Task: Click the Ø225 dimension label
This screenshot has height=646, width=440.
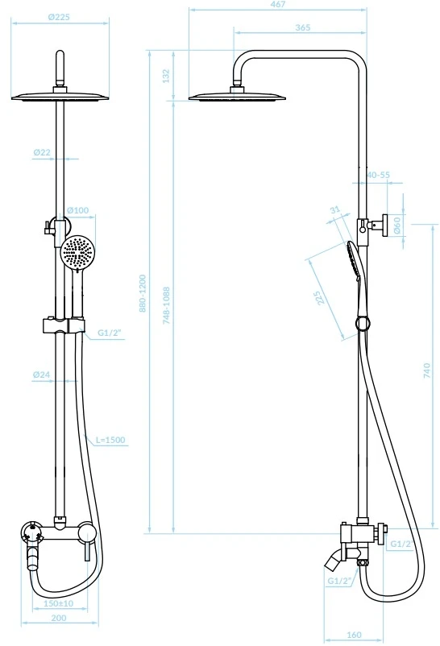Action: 59,17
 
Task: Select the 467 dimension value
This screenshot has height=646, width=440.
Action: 278,4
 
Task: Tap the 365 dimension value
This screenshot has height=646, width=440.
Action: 303,27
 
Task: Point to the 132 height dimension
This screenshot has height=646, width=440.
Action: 166,76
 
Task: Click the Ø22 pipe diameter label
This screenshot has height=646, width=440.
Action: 42,152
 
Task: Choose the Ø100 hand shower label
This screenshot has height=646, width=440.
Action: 77,210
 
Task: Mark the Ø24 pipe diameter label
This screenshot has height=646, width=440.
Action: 42,375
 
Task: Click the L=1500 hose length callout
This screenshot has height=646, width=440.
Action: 110,440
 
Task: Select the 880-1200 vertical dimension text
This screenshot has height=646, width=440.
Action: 143,293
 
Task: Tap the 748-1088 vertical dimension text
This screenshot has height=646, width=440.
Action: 166,305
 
